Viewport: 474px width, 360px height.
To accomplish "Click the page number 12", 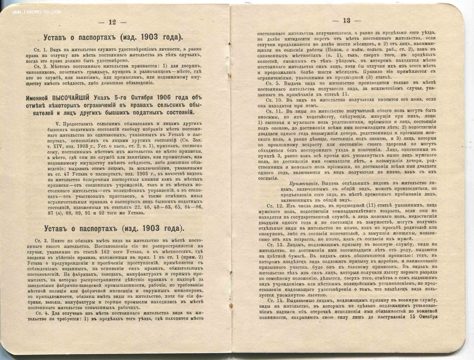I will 112,22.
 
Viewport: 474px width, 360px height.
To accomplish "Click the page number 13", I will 346,21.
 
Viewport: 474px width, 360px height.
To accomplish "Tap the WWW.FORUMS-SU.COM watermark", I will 37,12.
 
